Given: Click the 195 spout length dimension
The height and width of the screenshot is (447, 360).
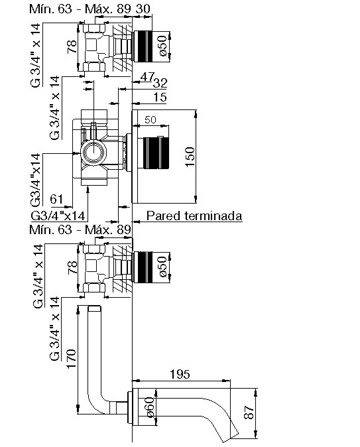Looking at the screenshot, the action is tap(180, 374).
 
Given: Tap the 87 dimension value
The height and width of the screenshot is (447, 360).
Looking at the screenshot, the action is tap(249, 413).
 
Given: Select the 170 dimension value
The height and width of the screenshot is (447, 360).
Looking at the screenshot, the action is tap(71, 358).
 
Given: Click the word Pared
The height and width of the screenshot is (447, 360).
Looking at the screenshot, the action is tap(163, 216).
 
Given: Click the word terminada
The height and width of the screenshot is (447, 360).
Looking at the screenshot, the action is tap(213, 216).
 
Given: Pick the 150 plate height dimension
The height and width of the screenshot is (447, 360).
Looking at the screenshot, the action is tap(190, 157).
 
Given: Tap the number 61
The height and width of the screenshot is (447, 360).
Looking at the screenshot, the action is tap(56, 199).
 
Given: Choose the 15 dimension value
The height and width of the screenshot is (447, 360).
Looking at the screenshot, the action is tap(160, 97).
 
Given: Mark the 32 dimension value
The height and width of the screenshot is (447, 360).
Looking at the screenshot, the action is tap(160, 84).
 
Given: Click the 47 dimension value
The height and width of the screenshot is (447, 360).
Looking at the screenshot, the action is tap(148, 76).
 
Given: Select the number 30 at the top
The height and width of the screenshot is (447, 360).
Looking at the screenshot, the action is tap(143, 9).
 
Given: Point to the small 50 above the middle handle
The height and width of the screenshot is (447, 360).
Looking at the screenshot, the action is tap(150, 120).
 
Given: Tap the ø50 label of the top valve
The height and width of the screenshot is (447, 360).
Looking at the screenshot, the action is tap(162, 46).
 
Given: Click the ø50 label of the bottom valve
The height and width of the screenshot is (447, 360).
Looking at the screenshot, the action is tap(162, 267).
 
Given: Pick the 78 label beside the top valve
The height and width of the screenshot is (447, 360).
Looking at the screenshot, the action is tap(72, 46).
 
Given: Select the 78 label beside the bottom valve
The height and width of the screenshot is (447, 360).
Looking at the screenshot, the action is tap(72, 267).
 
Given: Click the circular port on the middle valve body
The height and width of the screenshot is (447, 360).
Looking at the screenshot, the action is tap(93, 153).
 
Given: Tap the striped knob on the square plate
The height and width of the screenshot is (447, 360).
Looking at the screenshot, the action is tap(156, 153).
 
